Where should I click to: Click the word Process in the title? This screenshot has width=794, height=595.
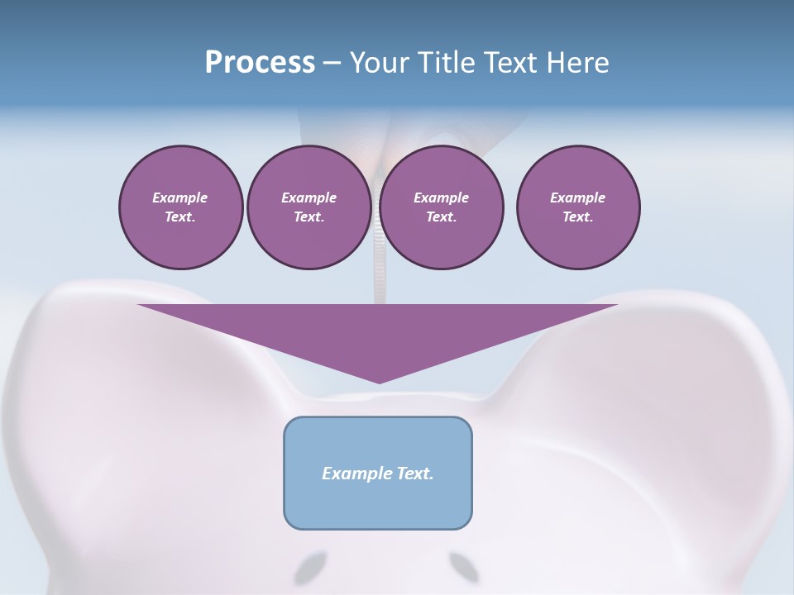(x=260, y=63)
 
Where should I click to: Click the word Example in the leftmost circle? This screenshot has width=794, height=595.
(x=180, y=198)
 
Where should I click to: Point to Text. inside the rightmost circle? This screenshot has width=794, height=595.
(x=578, y=217)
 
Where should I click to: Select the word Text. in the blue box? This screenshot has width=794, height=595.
(x=417, y=474)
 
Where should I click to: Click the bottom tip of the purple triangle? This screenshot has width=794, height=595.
(x=379, y=383)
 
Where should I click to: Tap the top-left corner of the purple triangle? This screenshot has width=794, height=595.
(x=139, y=305)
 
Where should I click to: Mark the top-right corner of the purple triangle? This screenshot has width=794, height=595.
(x=617, y=305)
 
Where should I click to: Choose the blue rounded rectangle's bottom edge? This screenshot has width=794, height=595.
(x=378, y=528)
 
